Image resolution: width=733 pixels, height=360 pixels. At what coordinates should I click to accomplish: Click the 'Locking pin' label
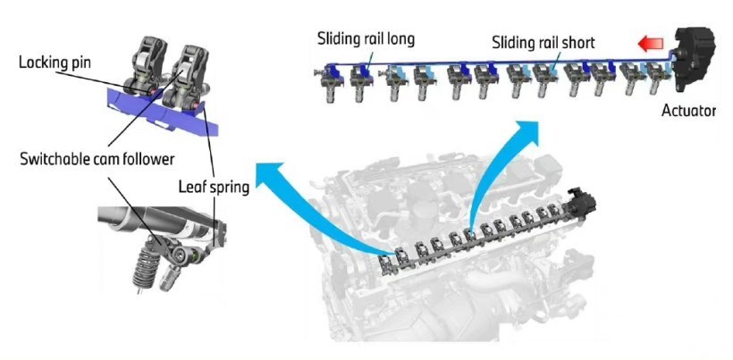coord(55,63)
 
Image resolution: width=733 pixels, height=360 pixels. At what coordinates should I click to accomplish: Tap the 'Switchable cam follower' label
coord(97,159)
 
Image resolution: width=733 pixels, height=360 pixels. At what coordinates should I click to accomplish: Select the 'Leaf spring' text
coord(214,188)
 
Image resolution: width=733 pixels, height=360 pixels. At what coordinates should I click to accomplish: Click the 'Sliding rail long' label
coord(366,38)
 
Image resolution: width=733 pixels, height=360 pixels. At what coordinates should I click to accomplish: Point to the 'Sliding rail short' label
coord(543,43)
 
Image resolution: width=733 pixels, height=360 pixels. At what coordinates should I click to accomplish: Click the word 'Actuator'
coord(688,111)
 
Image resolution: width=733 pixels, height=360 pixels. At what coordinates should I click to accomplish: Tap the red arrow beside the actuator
coord(651,44)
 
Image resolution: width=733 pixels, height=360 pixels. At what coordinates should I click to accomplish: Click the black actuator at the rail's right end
coord(695,60)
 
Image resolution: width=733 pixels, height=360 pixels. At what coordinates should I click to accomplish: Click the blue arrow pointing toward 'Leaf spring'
coord(308,205)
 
